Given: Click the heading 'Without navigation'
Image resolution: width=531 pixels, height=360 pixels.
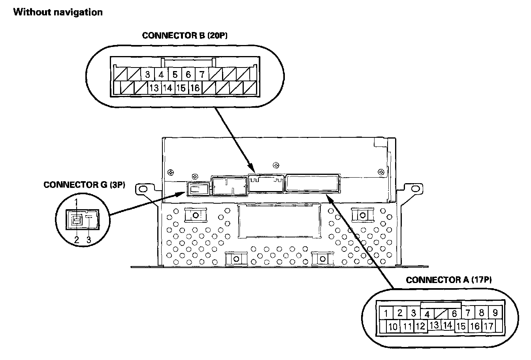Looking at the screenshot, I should click(58, 12).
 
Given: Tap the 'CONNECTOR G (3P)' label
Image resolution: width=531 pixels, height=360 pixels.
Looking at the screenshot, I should click(84, 185).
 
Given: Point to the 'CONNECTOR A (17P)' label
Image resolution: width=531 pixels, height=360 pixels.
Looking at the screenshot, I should click(448, 280).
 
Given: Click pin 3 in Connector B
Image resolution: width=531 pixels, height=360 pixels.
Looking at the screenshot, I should click(147, 74).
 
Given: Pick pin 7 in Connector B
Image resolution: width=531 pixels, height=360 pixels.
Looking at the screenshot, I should click(201, 74).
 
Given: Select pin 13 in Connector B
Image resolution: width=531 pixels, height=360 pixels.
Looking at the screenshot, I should click(154, 88).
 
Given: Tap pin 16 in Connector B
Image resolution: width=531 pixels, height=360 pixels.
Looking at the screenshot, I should click(195, 88).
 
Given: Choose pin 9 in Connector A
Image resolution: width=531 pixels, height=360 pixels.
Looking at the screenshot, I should click(495, 313).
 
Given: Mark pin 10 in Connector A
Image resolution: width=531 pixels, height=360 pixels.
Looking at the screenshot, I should click(393, 327).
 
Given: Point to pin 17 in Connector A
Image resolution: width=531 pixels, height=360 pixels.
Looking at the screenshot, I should click(488, 326).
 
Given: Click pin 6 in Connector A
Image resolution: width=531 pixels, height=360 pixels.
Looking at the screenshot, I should click(454, 314).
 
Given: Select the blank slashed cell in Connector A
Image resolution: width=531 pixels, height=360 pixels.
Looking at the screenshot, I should click(441, 314).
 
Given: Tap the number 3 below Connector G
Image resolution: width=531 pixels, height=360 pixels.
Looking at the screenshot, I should click(89, 240).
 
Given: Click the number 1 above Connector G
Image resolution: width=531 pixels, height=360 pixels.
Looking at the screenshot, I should click(77, 201).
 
